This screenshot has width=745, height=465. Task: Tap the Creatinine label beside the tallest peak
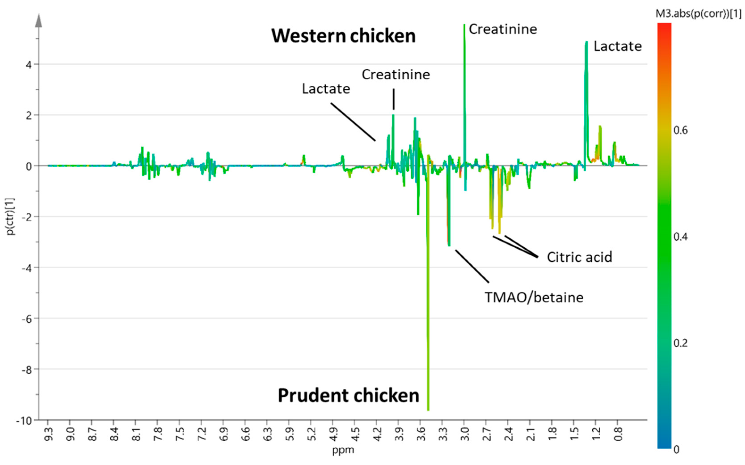[503, 30]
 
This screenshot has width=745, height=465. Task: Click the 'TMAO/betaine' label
[534, 297]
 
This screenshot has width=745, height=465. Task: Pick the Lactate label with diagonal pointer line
[326, 89]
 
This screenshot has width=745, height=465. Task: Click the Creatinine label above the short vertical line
[396, 74]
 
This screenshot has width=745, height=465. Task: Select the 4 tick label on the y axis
[29, 65]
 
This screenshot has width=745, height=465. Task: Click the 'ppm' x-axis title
[343, 450]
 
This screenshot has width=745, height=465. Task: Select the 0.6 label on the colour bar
[680, 130]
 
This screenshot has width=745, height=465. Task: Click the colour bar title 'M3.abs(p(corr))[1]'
[698, 14]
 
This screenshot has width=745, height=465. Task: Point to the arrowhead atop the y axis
[39, 21]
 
